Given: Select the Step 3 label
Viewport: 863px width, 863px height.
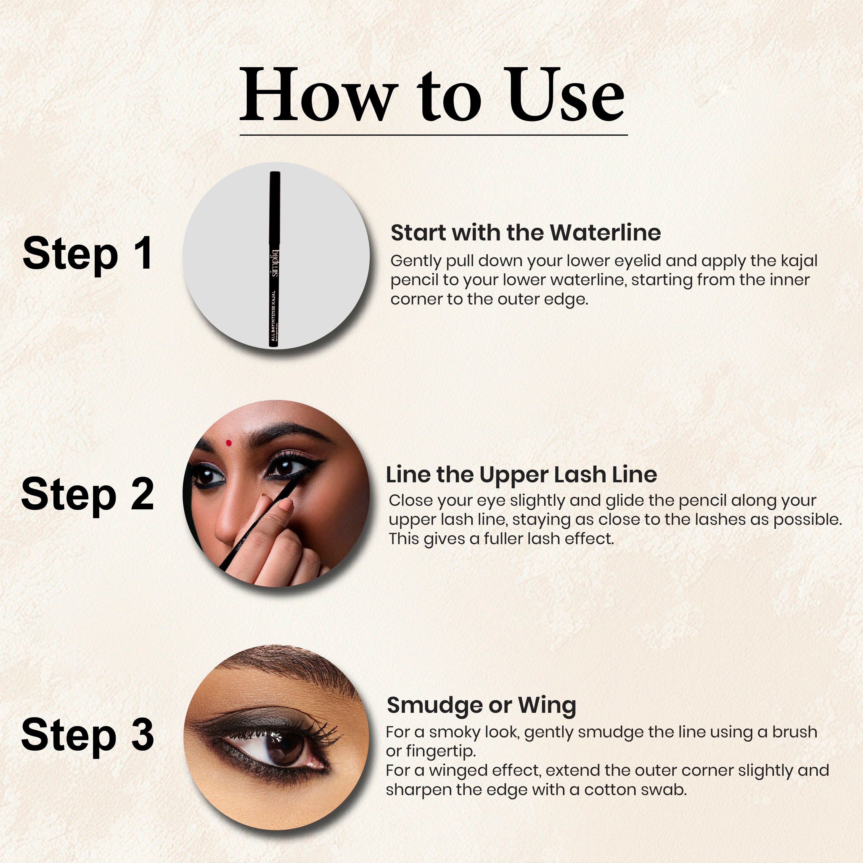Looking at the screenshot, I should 88,735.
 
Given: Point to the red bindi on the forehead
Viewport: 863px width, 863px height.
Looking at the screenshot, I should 229,443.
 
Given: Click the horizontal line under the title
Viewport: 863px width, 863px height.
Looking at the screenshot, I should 433,134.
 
